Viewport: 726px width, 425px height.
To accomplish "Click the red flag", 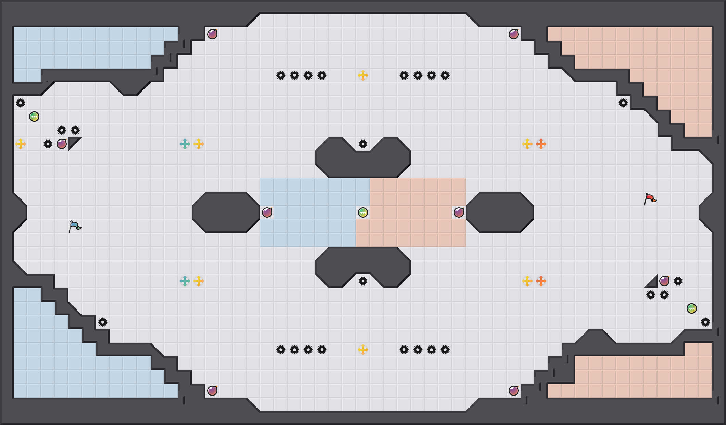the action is point(650,199).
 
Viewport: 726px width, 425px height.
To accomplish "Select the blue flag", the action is point(75,226).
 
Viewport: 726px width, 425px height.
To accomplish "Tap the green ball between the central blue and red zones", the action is point(363,212).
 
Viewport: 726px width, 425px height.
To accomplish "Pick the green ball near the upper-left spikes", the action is point(34,117).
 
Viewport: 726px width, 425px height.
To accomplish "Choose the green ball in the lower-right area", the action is point(692,308).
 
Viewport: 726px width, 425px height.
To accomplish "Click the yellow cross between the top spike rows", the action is point(363,75).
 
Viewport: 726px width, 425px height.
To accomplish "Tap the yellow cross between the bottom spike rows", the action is point(363,350).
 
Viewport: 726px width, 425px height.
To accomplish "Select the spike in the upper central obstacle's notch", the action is point(363,144).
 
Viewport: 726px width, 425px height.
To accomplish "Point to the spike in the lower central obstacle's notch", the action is point(363,281).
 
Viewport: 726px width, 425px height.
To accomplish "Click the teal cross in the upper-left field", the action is point(185,144).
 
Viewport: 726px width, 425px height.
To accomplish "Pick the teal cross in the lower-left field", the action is point(185,281).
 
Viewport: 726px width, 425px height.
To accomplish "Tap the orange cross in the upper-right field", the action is point(541,144).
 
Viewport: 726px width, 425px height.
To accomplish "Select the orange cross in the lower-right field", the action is point(541,281).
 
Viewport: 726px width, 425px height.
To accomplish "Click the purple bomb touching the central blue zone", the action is point(267,212).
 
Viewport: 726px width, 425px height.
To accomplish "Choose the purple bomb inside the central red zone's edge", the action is point(459,212).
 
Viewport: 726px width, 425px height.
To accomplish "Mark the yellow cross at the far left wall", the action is point(21,144).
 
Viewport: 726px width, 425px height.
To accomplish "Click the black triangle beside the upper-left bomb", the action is point(73,142).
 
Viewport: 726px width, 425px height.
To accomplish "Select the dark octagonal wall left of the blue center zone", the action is point(226,212).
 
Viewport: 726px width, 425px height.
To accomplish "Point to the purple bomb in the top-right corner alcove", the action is point(514,34).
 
